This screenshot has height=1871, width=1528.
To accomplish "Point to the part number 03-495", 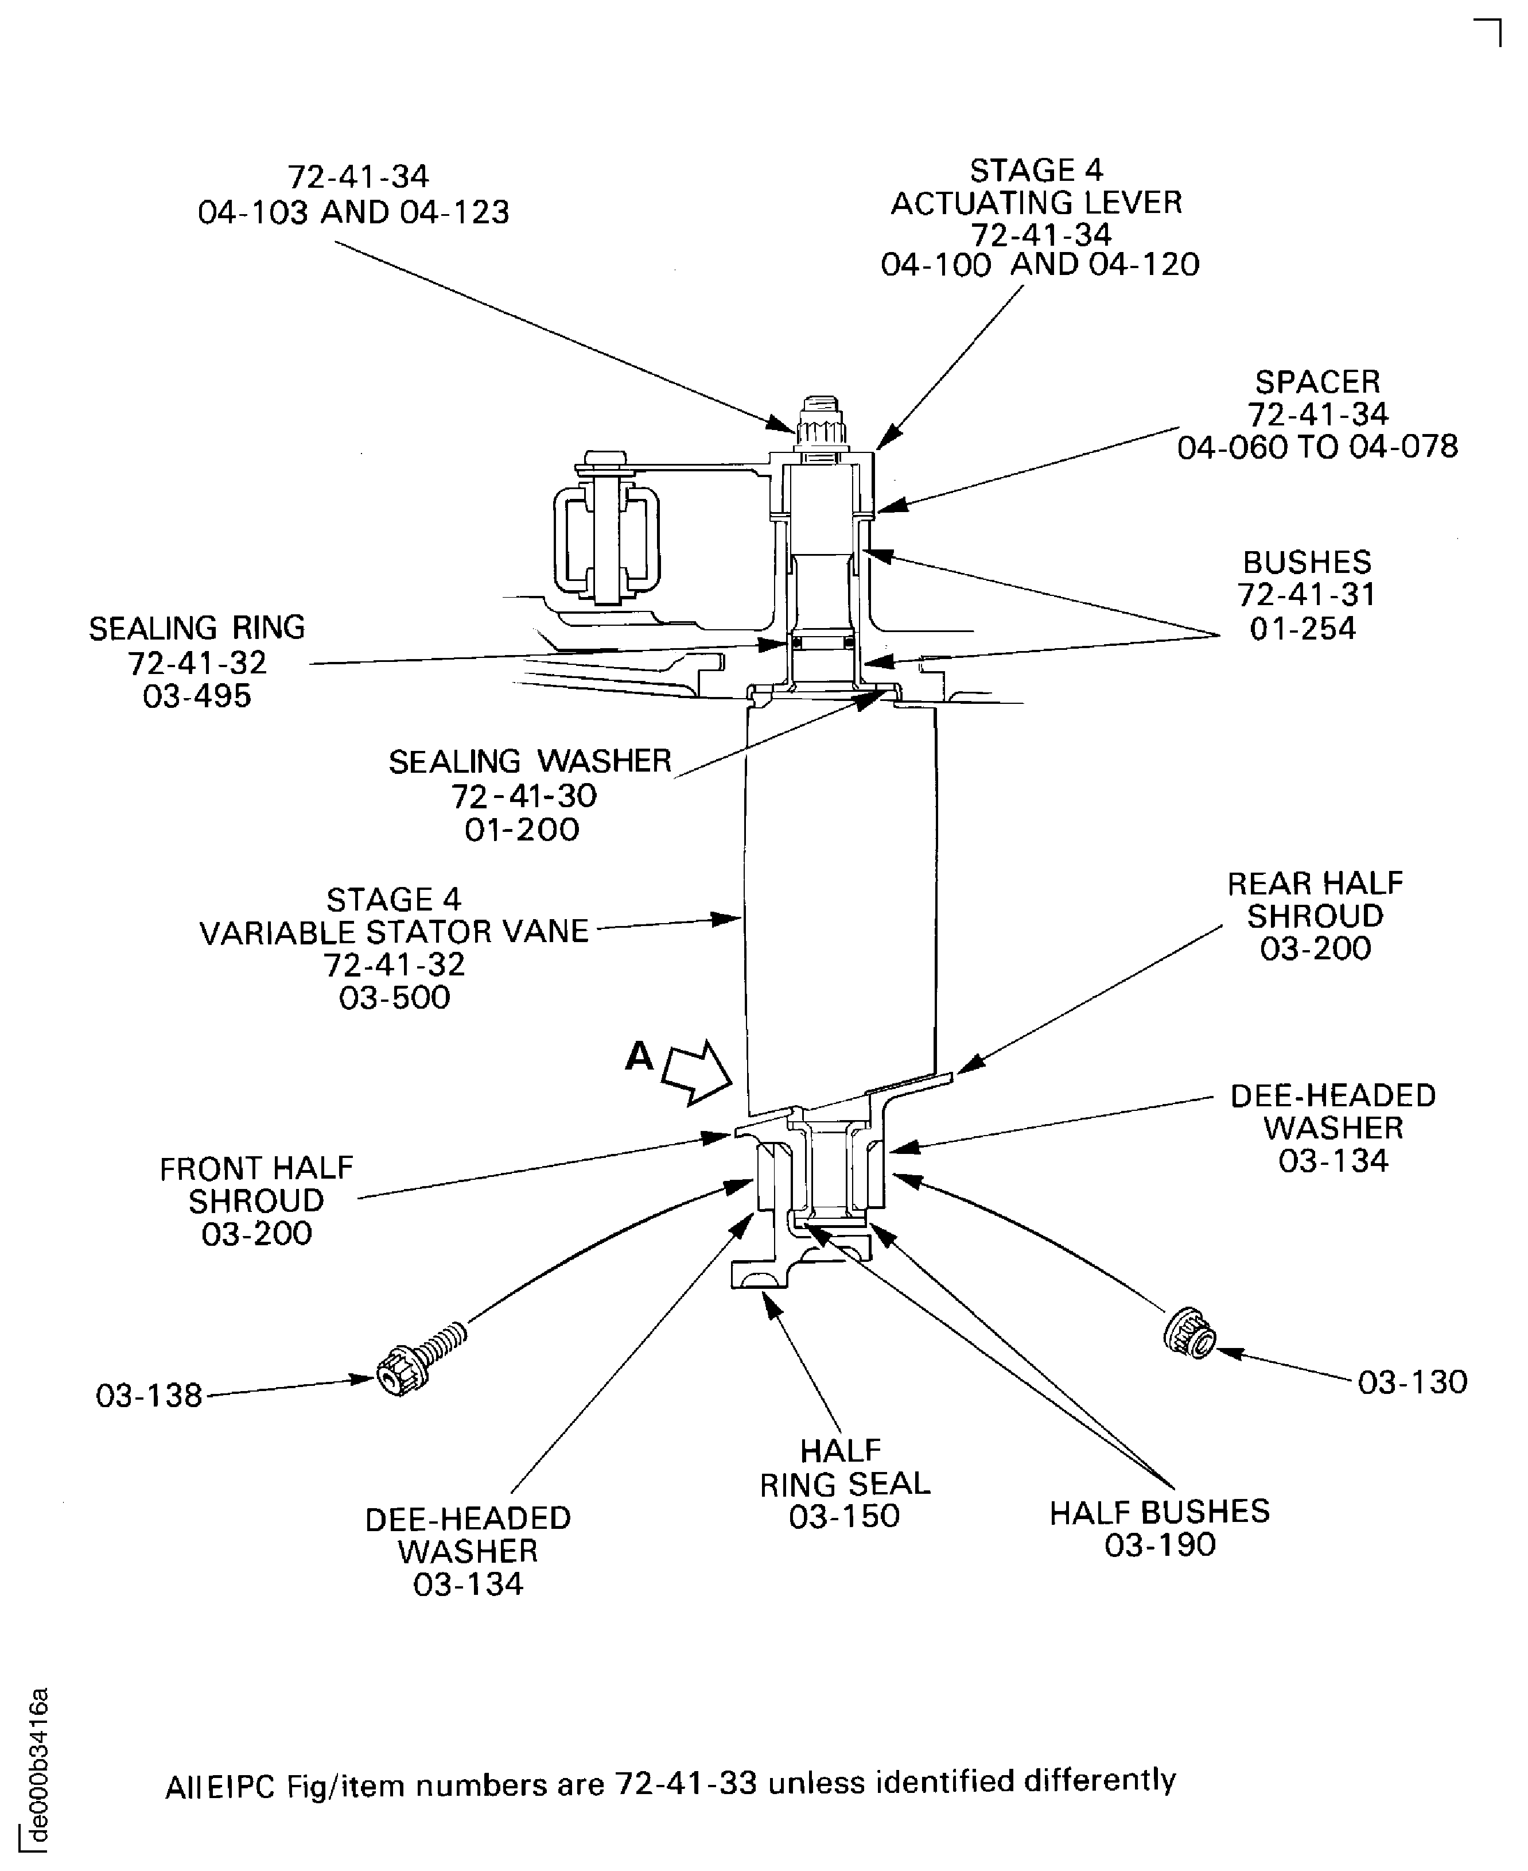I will click(197, 696).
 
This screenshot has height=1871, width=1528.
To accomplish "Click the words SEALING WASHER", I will click(530, 762).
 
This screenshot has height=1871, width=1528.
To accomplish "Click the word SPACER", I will click(1317, 382).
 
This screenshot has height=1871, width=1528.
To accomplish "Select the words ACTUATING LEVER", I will click(1036, 203).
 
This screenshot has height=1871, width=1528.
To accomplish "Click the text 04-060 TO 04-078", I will click(1317, 447).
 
